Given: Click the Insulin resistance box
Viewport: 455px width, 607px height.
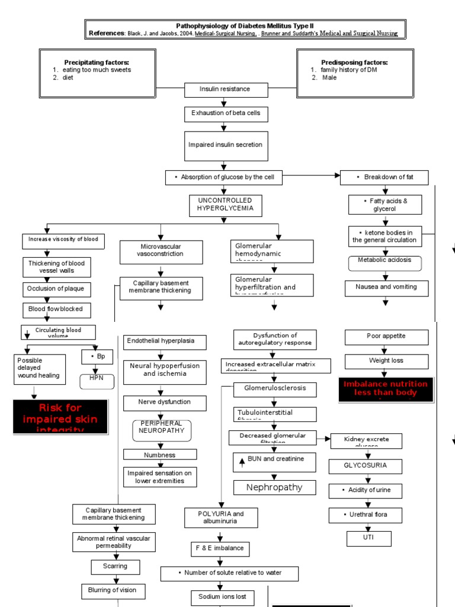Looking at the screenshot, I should [x=217, y=90].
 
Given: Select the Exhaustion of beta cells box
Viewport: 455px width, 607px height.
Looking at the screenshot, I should [x=222, y=113].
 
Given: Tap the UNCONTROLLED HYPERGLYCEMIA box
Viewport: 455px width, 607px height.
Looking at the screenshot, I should [x=225, y=205].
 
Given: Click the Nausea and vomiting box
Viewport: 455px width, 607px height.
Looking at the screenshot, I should [x=386, y=287].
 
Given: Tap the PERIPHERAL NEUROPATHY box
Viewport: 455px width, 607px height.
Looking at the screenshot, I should [x=162, y=430].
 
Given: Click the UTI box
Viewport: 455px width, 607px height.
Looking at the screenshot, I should [x=369, y=538].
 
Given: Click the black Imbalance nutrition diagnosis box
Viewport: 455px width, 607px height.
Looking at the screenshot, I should [x=382, y=389].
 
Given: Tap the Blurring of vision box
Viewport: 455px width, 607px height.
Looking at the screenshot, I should [x=113, y=590].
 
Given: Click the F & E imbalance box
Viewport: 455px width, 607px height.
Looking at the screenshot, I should [x=220, y=548].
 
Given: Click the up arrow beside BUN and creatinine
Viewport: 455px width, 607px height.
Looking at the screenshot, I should [x=242, y=462].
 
